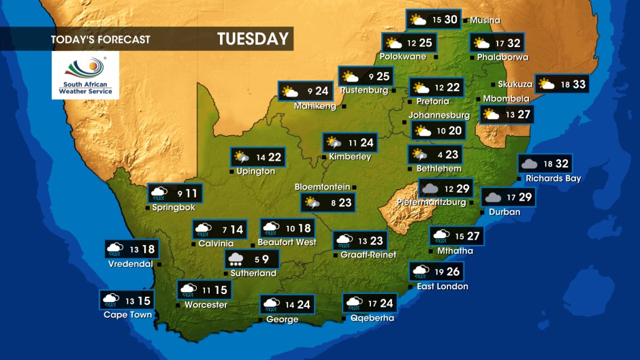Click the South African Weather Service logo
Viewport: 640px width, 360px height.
85,75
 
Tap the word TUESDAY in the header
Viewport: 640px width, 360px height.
253,39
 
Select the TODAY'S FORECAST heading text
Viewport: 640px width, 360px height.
100,39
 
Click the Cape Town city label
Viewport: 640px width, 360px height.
127,315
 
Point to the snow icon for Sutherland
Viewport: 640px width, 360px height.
236,259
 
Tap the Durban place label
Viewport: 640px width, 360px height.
505,212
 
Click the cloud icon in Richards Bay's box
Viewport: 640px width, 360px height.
528,164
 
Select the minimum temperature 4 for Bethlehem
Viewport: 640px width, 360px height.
439,155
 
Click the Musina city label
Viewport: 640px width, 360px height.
485,20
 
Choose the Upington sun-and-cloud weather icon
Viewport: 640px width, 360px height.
242,158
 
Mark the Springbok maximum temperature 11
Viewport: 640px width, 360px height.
193,194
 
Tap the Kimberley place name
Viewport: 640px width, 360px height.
350,157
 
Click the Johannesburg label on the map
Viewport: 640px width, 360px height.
439,116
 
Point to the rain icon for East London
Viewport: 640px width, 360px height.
419,272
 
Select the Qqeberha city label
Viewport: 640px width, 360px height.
372,318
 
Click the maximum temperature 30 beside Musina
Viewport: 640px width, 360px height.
451,20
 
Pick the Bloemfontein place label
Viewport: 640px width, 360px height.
322,187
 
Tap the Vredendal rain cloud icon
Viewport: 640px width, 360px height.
114,249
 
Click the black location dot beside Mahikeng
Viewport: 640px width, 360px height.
343,107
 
